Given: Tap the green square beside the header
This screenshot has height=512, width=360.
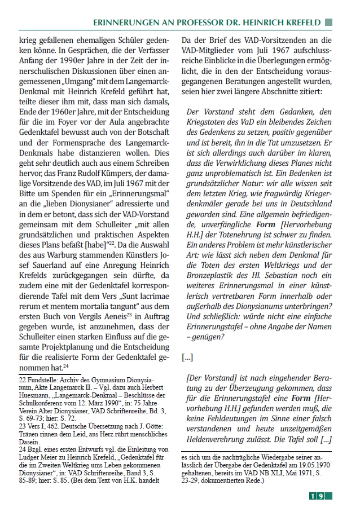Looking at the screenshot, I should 329,22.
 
